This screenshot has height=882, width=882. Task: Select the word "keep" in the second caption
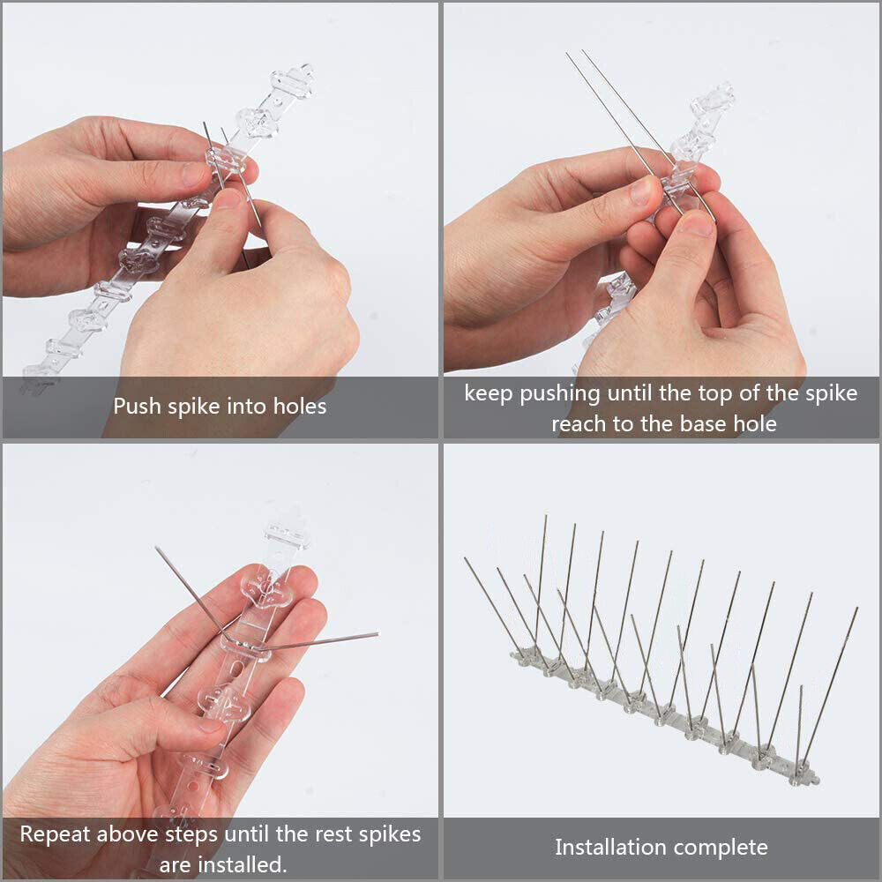489,393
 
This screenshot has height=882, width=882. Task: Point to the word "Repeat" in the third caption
55,833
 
